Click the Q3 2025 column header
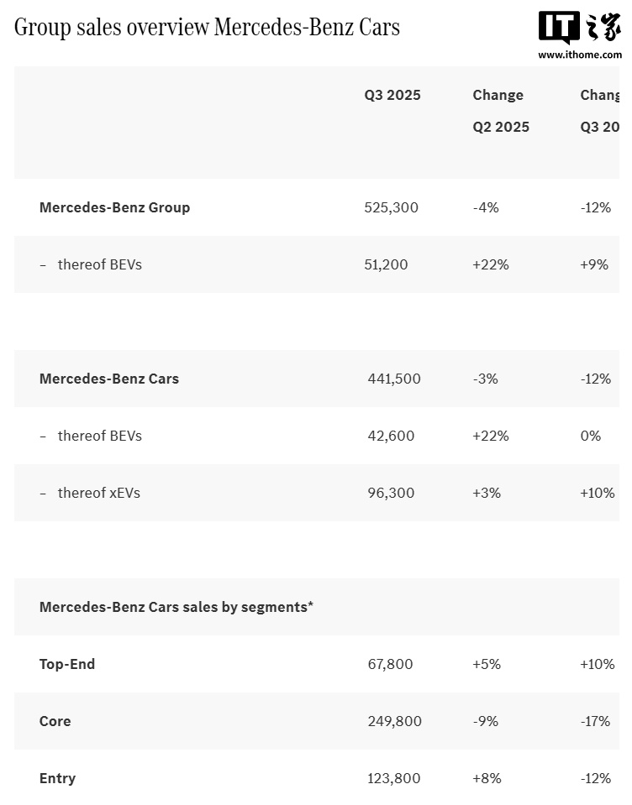click(392, 95)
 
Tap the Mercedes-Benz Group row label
click(114, 207)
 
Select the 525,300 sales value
click(391, 207)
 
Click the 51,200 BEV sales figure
click(386, 264)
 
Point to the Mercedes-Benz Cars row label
click(109, 379)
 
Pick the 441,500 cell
click(394, 379)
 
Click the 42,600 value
click(391, 436)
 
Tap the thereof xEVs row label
click(98, 493)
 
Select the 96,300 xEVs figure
click(391, 493)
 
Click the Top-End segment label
click(67, 664)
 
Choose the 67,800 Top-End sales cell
click(390, 664)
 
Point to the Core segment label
click(55, 721)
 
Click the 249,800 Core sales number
click(394, 721)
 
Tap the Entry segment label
click(57, 778)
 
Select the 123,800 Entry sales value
click(394, 778)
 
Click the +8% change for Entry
click(487, 778)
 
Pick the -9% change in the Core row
click(485, 721)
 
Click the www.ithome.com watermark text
click(579, 55)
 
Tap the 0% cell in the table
click(591, 436)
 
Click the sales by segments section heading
click(176, 607)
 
